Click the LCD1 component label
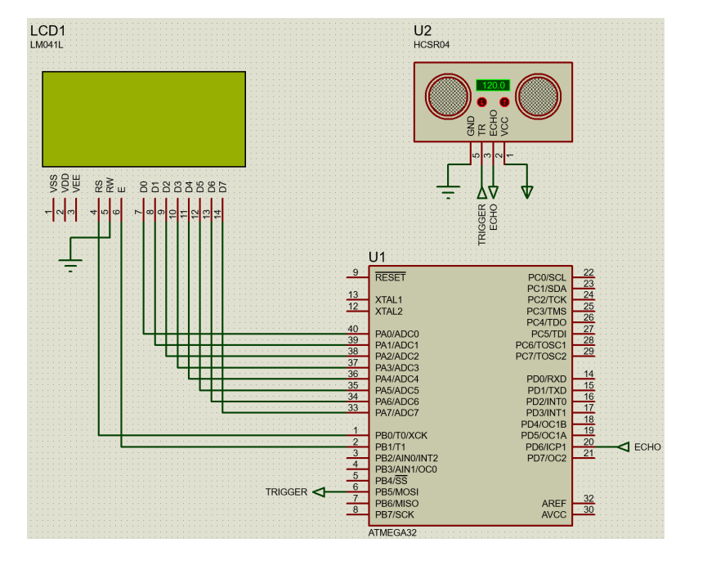pos(47,31)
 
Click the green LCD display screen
pos(144,118)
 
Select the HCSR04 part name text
pos(432,45)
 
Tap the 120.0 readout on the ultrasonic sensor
pos(493,85)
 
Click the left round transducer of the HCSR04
pos(446,95)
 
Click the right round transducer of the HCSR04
pos(540,95)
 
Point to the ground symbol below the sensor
pos(447,192)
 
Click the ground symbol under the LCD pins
pos(71,264)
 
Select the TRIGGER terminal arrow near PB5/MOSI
pos(320,492)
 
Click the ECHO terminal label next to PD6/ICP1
pos(647,447)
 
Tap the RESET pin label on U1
pos(390,277)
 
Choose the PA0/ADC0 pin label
pos(396,334)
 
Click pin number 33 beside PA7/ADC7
pos(353,407)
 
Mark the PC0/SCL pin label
pos(547,277)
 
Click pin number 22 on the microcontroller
pos(588,272)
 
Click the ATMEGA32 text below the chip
pos(392,532)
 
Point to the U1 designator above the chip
pos(377,257)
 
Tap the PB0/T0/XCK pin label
pos(401,435)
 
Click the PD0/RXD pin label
pos(547,379)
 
